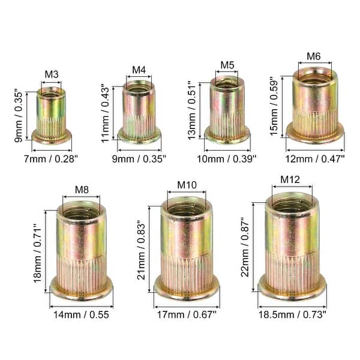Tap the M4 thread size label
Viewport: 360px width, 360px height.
tap(139, 70)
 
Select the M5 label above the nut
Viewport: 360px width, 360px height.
tap(227, 65)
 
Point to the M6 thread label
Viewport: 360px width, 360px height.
tap(314, 57)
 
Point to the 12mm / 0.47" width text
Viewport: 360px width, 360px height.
tap(315, 159)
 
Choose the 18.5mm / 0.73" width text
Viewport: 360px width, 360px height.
tap(292, 313)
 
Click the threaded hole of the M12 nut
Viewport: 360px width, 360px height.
tap(292, 206)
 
